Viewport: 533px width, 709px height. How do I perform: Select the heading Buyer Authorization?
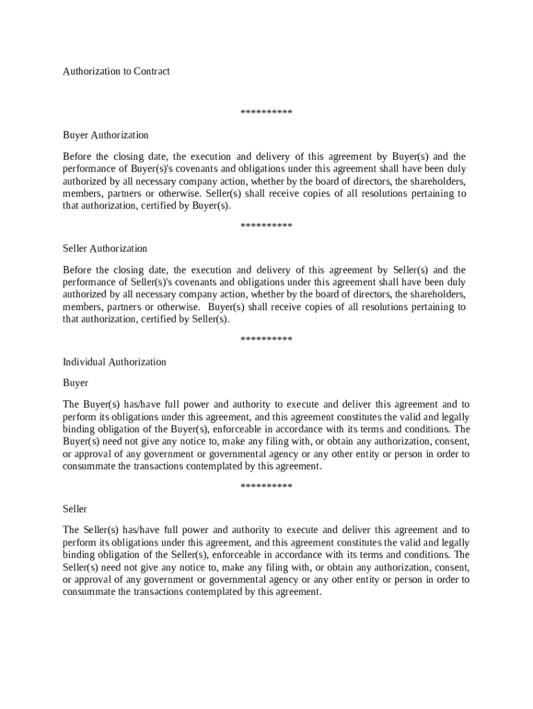click(x=105, y=135)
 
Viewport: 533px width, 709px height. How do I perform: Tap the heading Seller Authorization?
click(x=105, y=249)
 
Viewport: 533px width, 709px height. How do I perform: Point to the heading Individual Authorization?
click(x=114, y=362)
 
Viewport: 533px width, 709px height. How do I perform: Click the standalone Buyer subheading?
click(x=75, y=383)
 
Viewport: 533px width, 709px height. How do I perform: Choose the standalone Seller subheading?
click(x=75, y=509)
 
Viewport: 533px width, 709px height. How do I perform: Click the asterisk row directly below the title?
click(x=266, y=113)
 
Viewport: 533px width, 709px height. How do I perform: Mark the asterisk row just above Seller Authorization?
click(x=266, y=226)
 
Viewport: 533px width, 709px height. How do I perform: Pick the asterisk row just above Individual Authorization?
click(x=266, y=340)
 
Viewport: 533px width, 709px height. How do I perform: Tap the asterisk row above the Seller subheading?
click(x=266, y=487)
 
